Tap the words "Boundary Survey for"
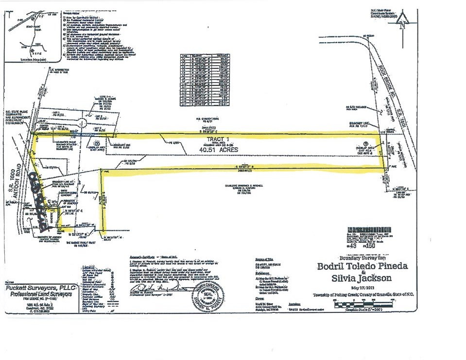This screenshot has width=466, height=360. coord(360,257)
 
